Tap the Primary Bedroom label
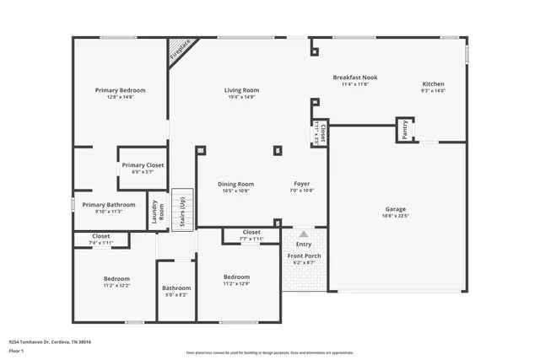point(121,90)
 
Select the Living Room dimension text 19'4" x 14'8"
point(241,98)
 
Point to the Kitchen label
point(433,83)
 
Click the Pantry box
point(405,130)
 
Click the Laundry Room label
point(157,213)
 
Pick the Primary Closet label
point(142,165)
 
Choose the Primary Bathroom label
point(109,204)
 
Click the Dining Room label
point(236,184)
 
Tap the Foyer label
point(301,184)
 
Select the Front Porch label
point(304,255)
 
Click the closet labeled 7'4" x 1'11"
point(100,239)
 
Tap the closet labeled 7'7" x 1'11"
point(251,235)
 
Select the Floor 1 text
point(17,350)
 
